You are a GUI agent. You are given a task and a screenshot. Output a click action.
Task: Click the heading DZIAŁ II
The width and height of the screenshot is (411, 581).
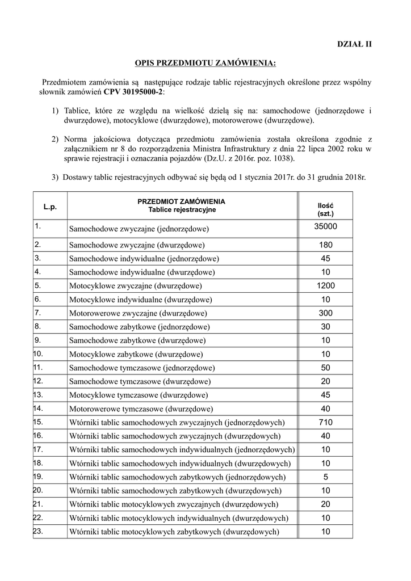(355, 44)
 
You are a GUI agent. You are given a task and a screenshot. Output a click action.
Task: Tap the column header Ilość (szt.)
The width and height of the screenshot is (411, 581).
(325, 209)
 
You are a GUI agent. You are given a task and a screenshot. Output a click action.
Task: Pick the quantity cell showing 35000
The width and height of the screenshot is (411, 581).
(325, 226)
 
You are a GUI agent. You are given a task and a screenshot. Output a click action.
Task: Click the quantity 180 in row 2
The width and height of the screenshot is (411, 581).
(325, 245)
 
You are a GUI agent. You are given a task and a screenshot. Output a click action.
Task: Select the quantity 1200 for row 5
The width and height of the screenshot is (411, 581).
(325, 286)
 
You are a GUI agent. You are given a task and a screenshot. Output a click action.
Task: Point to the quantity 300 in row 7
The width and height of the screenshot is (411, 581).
(325, 313)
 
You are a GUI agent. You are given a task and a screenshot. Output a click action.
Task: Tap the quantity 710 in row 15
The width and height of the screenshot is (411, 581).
(325, 422)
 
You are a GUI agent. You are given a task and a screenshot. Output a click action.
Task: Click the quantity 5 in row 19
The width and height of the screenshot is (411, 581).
(325, 477)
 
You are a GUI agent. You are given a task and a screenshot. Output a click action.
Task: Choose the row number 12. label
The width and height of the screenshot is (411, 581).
(39, 381)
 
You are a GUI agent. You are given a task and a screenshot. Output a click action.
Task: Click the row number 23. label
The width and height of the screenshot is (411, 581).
(39, 531)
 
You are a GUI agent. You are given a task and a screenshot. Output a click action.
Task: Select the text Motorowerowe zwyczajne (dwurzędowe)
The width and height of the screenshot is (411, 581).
(138, 313)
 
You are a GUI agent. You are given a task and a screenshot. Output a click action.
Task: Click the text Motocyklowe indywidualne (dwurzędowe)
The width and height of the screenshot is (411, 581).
(141, 300)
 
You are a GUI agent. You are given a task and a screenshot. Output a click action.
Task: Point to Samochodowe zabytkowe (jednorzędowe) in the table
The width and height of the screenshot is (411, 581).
(140, 327)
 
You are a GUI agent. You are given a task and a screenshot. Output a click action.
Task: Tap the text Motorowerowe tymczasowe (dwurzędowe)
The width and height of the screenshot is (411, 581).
(141, 409)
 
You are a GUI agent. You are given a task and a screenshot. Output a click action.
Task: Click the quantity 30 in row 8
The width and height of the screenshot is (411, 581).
(325, 327)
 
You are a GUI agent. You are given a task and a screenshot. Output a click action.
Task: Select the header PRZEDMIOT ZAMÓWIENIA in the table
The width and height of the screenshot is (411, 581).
(181, 201)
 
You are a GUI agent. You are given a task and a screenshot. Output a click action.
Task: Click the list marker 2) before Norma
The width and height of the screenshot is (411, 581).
(55, 139)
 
